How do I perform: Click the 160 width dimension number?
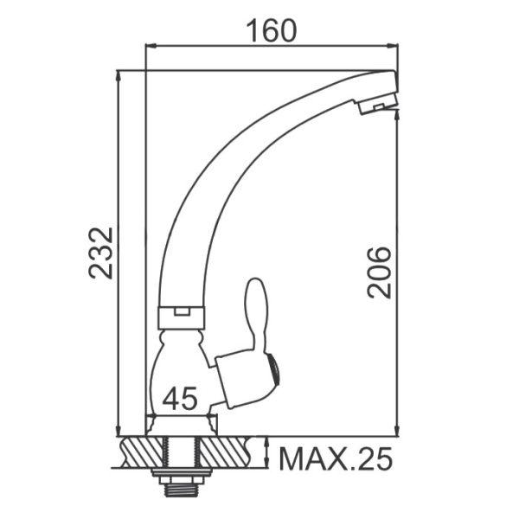(x=272, y=31)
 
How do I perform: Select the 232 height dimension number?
(x=101, y=253)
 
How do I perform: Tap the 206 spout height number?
(x=379, y=272)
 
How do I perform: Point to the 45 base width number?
(x=179, y=399)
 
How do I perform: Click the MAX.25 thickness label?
(x=336, y=458)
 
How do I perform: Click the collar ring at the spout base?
(x=181, y=317)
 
